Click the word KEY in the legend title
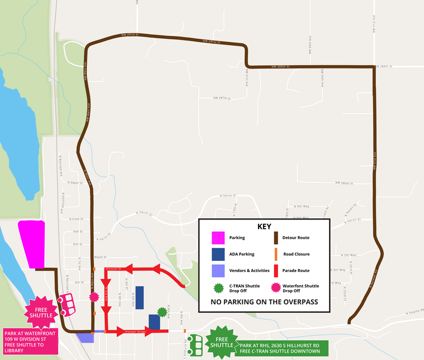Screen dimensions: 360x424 [264, 226]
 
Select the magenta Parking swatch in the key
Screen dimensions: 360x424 [217, 238]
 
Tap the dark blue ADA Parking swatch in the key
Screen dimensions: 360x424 [217, 254]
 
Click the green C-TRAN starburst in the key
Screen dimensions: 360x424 [217, 288]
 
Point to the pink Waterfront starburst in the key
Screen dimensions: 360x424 [276, 288]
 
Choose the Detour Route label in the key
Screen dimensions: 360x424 [296, 238]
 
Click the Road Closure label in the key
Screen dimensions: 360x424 [296, 254]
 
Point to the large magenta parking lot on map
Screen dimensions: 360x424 [31, 243]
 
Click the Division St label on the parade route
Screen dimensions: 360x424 [114, 269]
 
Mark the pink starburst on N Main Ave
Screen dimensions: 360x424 [94, 296]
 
